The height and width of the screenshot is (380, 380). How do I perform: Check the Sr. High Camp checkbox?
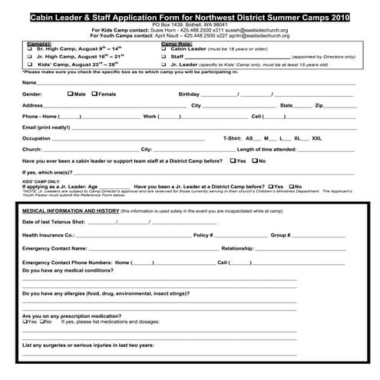(x=28, y=47)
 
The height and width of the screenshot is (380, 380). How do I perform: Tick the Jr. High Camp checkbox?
(x=28, y=56)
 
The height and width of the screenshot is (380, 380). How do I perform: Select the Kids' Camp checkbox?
(x=28, y=65)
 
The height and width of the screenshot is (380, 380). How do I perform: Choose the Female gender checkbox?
(x=94, y=94)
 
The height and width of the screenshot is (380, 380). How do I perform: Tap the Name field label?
(x=30, y=82)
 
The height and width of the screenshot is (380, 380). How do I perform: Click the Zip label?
(x=319, y=105)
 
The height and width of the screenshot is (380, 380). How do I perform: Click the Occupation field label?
(x=37, y=138)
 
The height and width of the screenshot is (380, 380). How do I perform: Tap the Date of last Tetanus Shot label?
(x=55, y=222)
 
